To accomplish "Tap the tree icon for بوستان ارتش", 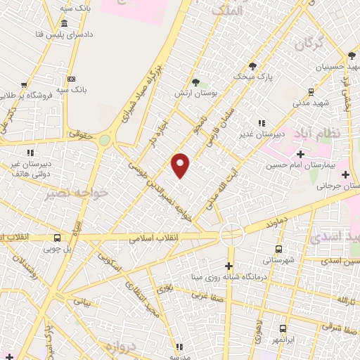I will [195, 82].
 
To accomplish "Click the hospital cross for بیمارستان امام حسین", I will [300, 154].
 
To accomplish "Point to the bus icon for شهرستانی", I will [279, 249].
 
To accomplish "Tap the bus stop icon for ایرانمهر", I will [283, 328].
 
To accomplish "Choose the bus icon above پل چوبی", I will [57, 238].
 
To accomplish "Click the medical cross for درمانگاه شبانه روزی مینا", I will [229, 266].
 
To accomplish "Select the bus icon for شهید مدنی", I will [310, 92].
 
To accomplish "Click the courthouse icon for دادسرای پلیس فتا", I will [64, 23].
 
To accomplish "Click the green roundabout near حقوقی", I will [105, 140].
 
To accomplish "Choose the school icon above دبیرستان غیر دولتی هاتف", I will [30, 152].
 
